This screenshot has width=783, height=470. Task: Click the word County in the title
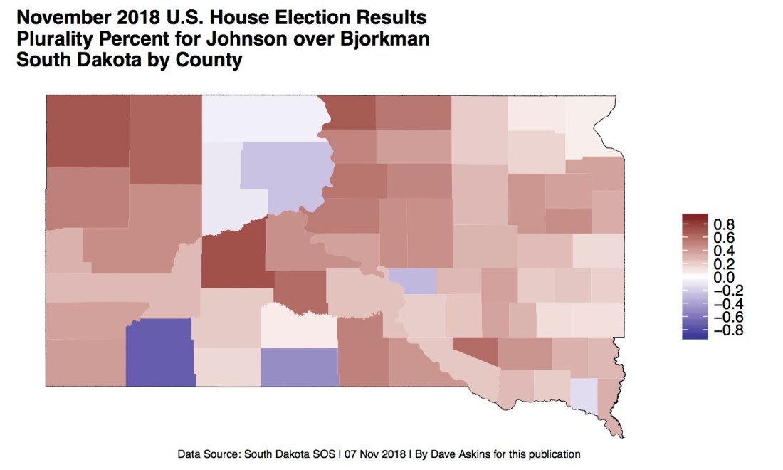click(207, 60)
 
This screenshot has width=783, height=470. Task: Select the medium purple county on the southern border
click(299, 367)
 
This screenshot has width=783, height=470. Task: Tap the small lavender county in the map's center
click(412, 281)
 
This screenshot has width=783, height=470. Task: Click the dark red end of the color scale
click(694, 218)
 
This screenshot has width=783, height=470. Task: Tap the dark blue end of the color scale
click(694, 335)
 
